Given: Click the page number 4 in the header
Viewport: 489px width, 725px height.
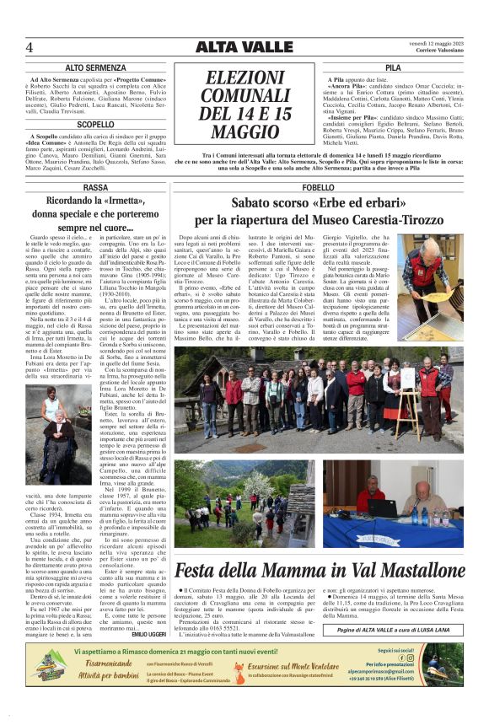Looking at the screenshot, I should point(30,46).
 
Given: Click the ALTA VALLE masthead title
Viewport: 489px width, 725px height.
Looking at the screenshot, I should point(244,46).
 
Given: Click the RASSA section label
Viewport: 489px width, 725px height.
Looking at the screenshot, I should point(95,186).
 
